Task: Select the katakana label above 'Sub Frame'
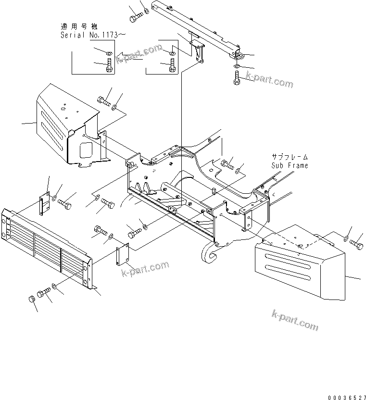point(289,157)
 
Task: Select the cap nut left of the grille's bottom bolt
point(32,300)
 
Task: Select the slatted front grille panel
point(46,249)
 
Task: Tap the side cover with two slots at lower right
point(298,269)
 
